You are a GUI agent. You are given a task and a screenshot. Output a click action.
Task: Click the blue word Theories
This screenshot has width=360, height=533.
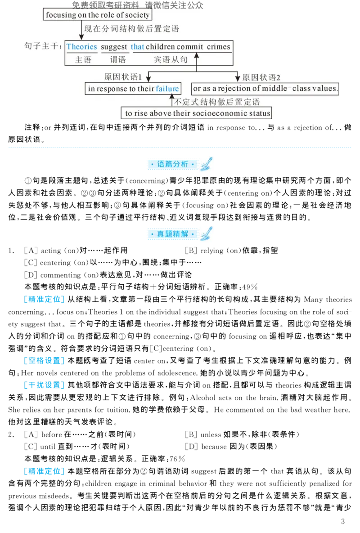pyautogui.click(x=81, y=47)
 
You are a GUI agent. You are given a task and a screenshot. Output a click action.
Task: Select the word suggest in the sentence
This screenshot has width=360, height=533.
pyautogui.click(x=114, y=47)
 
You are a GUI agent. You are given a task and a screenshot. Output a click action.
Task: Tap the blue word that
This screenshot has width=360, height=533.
pyautogui.click(x=137, y=47)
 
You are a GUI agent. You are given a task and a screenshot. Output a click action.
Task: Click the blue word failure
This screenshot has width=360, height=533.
pyautogui.click(x=167, y=89)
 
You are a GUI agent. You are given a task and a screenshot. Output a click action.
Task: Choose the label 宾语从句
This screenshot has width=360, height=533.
pyautogui.click(x=171, y=59)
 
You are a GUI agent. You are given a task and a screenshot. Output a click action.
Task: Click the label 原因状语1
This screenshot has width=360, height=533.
pyautogui.click(x=123, y=77)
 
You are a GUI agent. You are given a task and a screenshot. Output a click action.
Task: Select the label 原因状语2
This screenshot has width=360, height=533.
pyautogui.click(x=261, y=77)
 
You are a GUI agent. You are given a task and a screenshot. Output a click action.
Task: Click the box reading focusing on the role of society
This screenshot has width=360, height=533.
pyautogui.click(x=97, y=15)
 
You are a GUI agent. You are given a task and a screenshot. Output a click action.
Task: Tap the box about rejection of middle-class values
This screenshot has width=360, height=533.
pyautogui.click(x=265, y=89)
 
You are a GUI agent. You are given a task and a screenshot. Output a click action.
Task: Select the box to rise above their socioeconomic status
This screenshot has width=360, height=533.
pyautogui.click(x=198, y=113)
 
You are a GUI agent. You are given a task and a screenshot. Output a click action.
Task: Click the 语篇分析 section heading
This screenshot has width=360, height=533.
pyautogui.click(x=173, y=164)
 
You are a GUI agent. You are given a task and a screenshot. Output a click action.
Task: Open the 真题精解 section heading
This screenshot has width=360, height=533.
pyautogui.click(x=173, y=234)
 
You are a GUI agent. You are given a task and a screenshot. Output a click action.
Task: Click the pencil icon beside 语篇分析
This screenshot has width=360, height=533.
pyautogui.click(x=207, y=164)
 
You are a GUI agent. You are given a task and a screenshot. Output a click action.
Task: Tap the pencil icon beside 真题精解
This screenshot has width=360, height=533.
pyautogui.click(x=207, y=234)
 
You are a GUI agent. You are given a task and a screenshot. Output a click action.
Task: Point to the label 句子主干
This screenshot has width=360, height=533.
pyautogui.click(x=43, y=47)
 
